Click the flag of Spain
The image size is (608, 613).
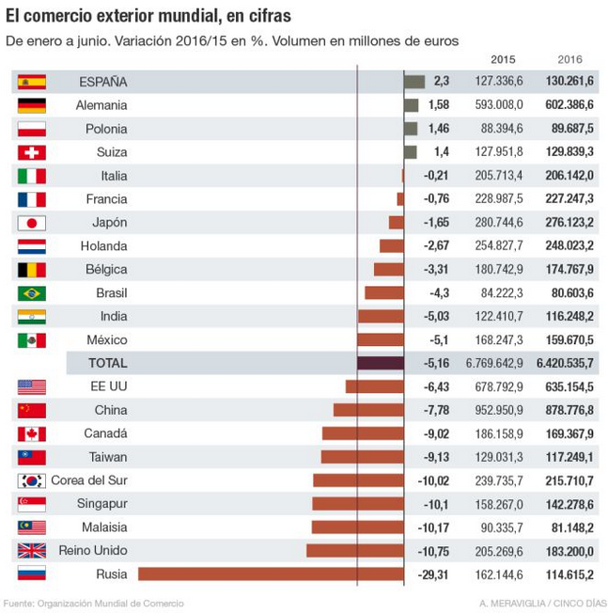point(31,82)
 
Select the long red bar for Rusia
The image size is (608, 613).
point(271,574)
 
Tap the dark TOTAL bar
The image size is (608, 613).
point(381,363)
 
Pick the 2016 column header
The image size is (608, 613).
point(570,59)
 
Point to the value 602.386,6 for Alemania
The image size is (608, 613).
point(569,105)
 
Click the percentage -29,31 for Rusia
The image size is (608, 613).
point(432,574)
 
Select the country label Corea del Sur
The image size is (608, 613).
point(89,480)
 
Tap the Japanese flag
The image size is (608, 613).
point(31,223)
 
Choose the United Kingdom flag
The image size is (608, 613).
point(31,550)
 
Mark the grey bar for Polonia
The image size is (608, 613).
point(411,129)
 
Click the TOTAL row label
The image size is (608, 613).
point(107,363)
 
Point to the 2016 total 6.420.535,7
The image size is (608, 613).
point(564,363)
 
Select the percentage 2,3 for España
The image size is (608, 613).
point(442,82)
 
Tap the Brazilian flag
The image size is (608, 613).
point(31,292)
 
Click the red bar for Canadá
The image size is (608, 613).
point(363,433)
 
